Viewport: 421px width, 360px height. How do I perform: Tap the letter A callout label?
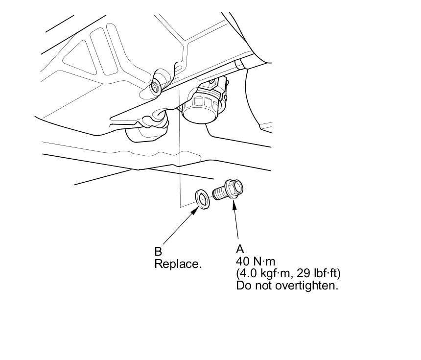click(x=239, y=250)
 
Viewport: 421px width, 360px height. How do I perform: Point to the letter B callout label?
click(x=158, y=252)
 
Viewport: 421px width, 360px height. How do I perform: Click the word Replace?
click(x=178, y=264)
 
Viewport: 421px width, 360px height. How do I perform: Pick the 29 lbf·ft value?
click(x=318, y=273)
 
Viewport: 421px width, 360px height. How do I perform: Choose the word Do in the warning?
click(x=243, y=285)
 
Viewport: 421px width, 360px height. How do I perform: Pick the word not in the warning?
click(x=262, y=285)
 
